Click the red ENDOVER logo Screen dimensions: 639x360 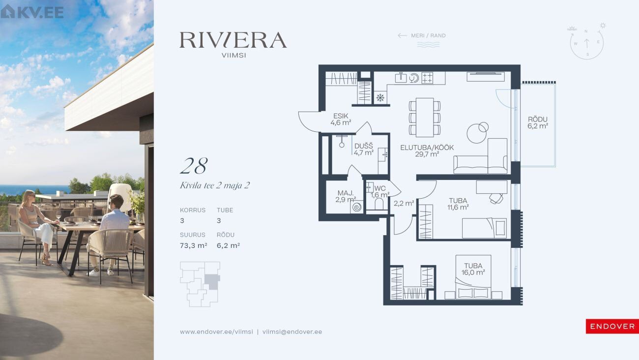612,326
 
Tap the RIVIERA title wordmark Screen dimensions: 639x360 233,40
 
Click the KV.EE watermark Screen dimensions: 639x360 32,12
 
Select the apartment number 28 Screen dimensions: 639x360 194,166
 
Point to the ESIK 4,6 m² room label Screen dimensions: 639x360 341,120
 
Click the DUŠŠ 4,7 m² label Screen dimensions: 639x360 364,150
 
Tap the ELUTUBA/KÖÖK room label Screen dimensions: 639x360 427,150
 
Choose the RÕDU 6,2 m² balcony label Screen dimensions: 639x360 537,123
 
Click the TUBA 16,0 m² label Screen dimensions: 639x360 473,269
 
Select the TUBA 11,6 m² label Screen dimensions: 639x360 458,204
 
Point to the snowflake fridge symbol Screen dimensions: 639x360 380,98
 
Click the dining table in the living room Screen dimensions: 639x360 425,118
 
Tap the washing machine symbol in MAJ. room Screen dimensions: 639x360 357,207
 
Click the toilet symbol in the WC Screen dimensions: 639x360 379,204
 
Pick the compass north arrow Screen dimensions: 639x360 587,43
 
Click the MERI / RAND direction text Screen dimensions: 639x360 428,35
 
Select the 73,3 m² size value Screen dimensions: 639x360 193,245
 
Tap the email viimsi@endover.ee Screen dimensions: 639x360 292,332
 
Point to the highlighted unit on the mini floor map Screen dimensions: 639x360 212,282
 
